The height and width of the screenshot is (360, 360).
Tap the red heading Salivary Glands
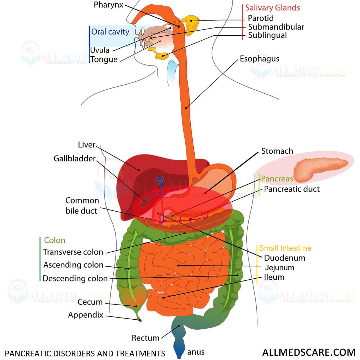(x=273, y=8)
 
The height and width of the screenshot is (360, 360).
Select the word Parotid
(x=261, y=18)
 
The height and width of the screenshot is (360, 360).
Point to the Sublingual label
(x=267, y=35)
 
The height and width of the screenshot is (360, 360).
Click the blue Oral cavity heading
(x=110, y=32)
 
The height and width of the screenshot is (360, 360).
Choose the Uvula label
(x=100, y=50)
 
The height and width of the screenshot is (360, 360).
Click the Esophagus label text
(x=260, y=59)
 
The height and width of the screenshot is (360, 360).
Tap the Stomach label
(x=277, y=151)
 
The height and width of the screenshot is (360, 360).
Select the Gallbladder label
(x=75, y=159)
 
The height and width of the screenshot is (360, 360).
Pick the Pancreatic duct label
(x=292, y=189)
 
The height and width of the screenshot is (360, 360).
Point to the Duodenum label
(x=285, y=258)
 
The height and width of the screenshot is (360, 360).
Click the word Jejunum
(x=280, y=267)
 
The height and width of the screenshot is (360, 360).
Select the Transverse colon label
(x=73, y=252)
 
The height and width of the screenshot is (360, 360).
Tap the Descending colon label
(x=75, y=278)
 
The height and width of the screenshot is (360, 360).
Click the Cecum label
(x=90, y=302)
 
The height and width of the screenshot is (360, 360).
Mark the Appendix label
(x=86, y=315)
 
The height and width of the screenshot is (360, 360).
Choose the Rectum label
(x=145, y=338)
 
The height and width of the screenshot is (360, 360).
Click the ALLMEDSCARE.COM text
(x=309, y=352)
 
